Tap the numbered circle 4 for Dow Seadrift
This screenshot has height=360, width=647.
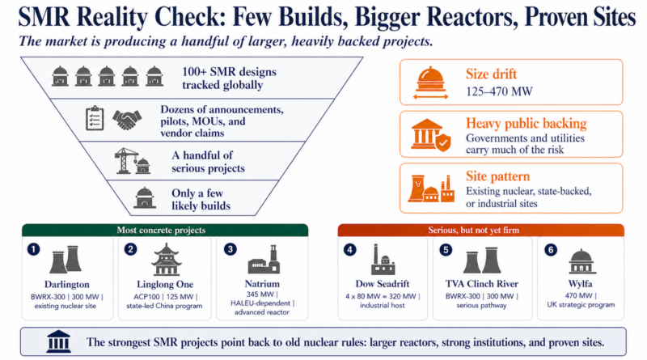[349, 249]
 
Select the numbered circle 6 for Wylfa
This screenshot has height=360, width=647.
[549, 249]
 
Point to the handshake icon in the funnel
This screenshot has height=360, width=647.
[126, 119]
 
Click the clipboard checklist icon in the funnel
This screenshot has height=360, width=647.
[94, 119]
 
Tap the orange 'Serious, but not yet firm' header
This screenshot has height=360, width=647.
[480, 231]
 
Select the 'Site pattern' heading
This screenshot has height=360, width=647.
[493, 176]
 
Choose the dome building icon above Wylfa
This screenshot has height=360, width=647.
[581, 260]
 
